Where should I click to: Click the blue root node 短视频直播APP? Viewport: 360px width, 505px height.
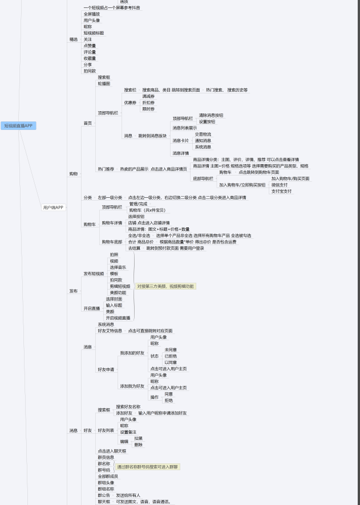point(19,125)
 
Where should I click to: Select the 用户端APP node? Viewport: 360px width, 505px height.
point(53,207)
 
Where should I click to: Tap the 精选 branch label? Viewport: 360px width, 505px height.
point(73,39)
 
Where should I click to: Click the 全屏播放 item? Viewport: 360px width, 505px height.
point(91,14)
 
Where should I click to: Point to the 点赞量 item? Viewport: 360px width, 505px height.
point(90,46)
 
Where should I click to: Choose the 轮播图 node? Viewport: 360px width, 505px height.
point(104,83)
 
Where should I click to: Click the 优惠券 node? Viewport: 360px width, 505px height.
point(130,103)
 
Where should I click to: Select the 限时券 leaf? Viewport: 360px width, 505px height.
point(148,109)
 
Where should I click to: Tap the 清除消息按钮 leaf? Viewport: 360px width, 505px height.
point(211,115)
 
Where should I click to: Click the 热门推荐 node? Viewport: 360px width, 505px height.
point(106,169)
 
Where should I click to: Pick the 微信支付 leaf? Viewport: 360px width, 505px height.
point(280,185)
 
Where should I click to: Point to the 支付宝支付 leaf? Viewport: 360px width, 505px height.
point(281,191)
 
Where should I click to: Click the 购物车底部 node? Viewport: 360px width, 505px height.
point(112,242)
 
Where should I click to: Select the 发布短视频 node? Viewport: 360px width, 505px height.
point(94,274)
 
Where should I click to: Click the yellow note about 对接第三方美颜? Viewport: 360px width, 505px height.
point(165,286)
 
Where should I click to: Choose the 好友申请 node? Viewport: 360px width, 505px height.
point(106,369)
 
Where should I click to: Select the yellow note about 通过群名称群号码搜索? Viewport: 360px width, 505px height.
point(148,467)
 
